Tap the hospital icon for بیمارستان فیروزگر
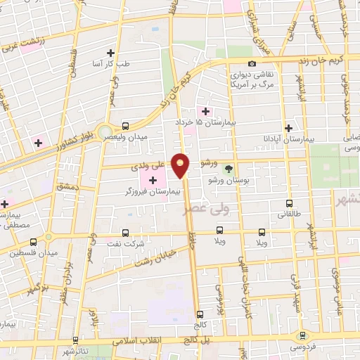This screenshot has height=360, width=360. (153, 181)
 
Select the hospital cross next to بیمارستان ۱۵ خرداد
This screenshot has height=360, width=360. (205, 110)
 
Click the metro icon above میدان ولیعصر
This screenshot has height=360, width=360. (125, 125)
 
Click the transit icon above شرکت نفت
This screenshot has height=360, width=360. (125, 231)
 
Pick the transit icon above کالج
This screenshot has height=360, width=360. (200, 314)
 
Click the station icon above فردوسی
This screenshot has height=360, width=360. (303, 335)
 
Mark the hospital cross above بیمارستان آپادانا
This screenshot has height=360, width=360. (288, 127)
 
